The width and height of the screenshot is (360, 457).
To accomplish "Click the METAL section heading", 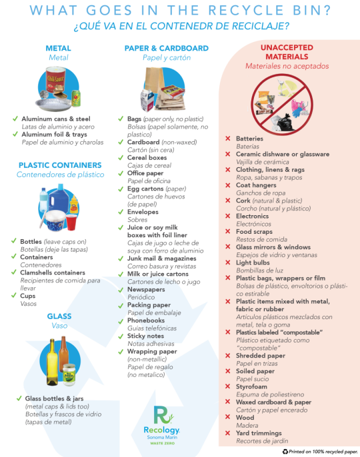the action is coord(59,48).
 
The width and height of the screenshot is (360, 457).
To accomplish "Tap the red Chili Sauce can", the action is coord(56,79).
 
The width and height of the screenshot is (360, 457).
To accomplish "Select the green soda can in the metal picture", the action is coord(76,98).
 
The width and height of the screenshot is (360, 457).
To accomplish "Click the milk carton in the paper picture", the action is coord(147,101).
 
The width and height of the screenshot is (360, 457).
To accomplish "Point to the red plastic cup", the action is coord(71,222).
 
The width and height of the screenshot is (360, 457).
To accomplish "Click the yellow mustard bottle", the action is coord(74,205).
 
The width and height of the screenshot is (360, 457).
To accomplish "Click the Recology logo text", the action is coord(161,430).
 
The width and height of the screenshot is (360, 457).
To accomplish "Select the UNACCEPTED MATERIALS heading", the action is coord(287,52).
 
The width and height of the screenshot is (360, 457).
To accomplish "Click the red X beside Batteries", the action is coord(228,139).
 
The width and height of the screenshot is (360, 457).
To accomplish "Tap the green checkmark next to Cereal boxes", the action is coord(121,158).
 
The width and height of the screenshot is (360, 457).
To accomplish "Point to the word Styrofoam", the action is coord(251,387).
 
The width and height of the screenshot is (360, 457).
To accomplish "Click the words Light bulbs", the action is coord(253,262).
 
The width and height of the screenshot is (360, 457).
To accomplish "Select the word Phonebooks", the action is coord(146,320).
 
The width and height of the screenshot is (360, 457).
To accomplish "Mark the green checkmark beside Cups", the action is coord(14,296).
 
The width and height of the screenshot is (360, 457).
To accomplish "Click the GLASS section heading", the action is coord(59,316).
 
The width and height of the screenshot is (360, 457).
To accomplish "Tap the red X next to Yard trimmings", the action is coord(228,433).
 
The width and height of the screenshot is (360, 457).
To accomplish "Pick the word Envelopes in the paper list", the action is coord(143,212).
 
